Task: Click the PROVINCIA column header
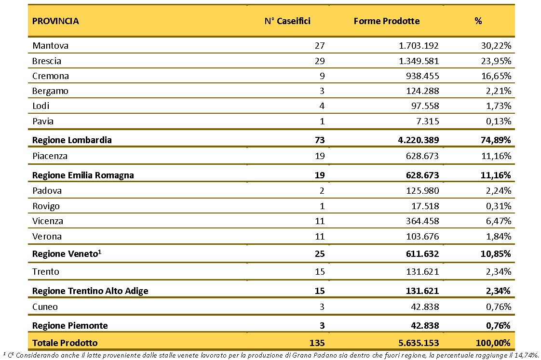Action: tap(55, 21)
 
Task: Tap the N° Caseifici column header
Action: tap(287, 21)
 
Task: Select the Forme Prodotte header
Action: tap(387, 21)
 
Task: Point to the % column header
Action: tap(478, 21)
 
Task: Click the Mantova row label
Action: tap(50, 45)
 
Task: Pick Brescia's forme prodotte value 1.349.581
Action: tap(419, 61)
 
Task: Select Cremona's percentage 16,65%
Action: tap(496, 76)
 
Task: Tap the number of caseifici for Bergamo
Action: tap(322, 91)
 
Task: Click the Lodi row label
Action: tap(41, 106)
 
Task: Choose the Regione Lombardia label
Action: tap(72, 140)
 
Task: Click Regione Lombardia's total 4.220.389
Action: tap(419, 140)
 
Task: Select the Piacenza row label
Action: tap(50, 156)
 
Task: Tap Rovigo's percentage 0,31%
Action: tap(499, 206)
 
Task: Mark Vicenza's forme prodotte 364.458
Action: tap(422, 221)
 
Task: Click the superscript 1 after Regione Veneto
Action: tap(100, 252)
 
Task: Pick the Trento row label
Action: tap(45, 272)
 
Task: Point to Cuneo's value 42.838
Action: tap(425, 307)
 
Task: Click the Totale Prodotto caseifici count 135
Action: tap(317, 343)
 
